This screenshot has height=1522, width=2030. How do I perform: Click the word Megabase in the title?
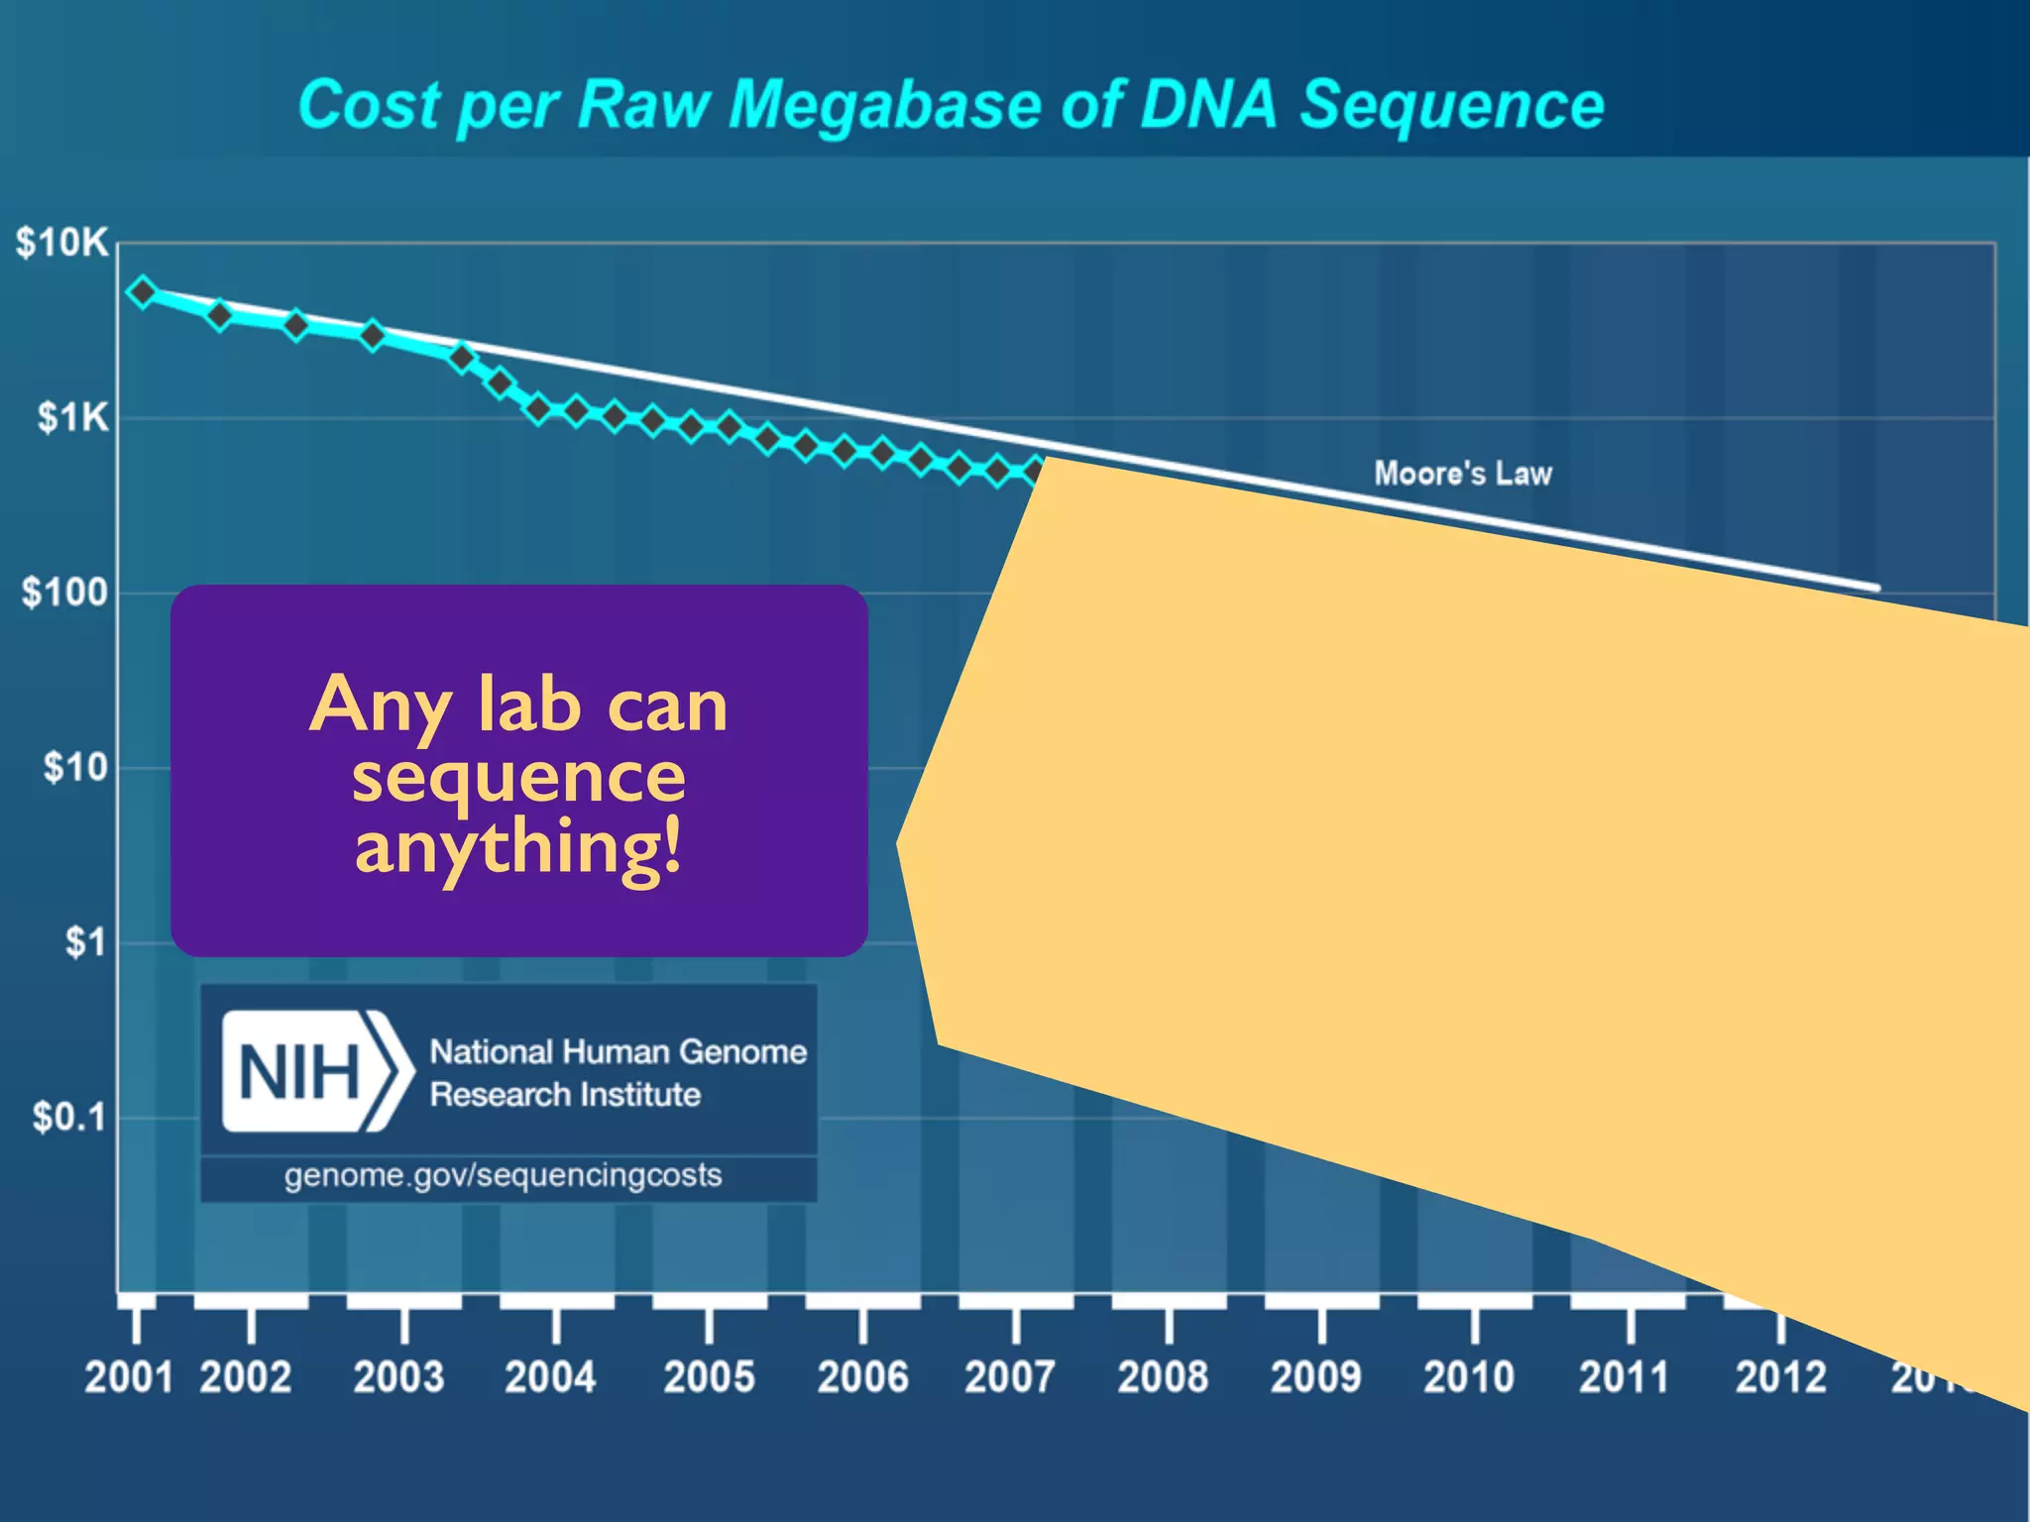[883, 105]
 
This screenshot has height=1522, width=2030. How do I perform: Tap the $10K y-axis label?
[61, 243]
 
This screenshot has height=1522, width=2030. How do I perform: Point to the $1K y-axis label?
[71, 417]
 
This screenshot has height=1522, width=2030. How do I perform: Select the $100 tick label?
[64, 593]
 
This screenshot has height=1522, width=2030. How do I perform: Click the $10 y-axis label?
[74, 767]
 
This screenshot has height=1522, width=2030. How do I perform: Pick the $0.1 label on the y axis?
[68, 1117]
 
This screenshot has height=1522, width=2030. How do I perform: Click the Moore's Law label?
[1462, 474]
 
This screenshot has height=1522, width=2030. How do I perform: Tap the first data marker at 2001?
[144, 292]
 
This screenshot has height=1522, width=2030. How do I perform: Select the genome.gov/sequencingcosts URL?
[503, 1175]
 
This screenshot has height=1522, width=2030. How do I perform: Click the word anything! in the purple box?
[518, 848]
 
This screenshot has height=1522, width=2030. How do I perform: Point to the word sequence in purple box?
[518, 777]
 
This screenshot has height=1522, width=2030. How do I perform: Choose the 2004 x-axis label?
[551, 1376]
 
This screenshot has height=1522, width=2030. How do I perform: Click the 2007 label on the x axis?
[1010, 1376]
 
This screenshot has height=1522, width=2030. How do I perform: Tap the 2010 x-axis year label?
[1469, 1376]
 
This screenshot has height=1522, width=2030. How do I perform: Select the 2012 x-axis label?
[1780, 1376]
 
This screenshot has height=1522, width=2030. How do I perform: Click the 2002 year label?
[245, 1376]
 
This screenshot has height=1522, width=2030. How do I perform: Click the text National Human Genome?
[618, 1051]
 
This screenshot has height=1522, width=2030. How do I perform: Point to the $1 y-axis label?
[84, 942]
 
